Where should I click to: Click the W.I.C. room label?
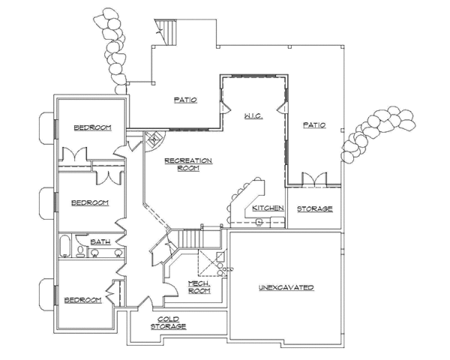tap(250, 116)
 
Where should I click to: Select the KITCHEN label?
tap(267, 208)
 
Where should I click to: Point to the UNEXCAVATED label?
tap(286, 288)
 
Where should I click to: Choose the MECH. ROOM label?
tap(198, 287)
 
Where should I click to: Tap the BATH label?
tap(100, 242)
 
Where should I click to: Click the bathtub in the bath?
tap(65, 247)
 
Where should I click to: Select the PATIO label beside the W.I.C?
tap(314, 125)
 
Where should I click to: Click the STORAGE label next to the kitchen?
tap(315, 208)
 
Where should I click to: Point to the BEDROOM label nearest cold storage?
tap(82, 300)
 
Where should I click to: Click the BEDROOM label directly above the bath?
tap(90, 202)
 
